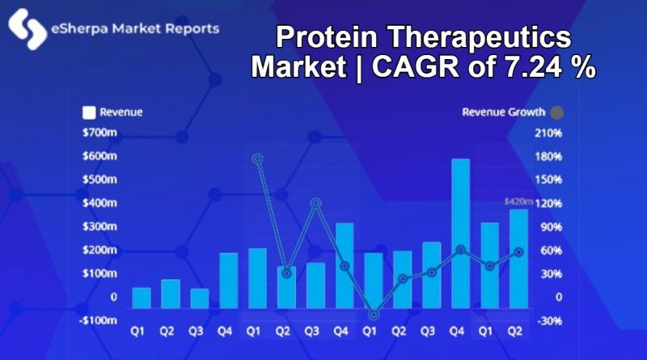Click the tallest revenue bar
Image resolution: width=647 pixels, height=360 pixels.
(460, 234)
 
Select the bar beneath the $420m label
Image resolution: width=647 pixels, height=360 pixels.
(518, 259)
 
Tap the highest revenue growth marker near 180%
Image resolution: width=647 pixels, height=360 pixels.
(258, 159)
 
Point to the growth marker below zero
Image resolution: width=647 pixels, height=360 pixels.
(374, 315)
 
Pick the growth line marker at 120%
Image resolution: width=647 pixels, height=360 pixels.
(316, 203)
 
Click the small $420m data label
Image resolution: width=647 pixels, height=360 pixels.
(518, 201)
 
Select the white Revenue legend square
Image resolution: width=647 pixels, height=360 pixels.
(89, 112)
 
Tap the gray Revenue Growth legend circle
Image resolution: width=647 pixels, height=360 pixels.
(557, 112)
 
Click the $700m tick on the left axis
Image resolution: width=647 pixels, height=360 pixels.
(99, 133)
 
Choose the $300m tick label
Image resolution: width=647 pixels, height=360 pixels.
(99, 227)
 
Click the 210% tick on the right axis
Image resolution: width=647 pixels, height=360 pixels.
(548, 133)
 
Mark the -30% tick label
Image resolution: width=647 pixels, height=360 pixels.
(550, 321)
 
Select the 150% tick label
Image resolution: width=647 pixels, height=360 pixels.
(548, 180)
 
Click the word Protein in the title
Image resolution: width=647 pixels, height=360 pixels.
(327, 36)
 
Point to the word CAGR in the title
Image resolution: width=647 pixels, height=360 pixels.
(416, 66)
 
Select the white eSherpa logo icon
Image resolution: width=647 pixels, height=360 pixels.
(27, 29)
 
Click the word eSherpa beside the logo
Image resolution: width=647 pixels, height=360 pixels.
(79, 29)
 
